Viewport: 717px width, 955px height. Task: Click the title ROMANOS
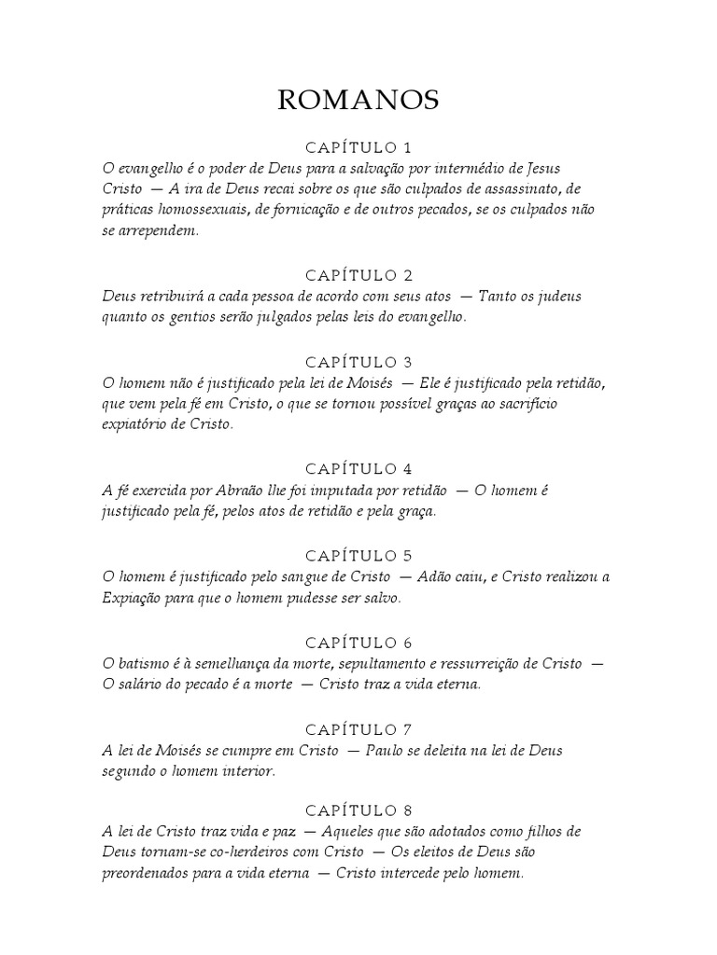pyautogui.click(x=358, y=102)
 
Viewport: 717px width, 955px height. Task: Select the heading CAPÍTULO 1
pyautogui.click(x=358, y=147)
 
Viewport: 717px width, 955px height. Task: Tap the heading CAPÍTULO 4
pyautogui.click(x=358, y=468)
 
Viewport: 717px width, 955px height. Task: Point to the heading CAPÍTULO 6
pyautogui.click(x=358, y=643)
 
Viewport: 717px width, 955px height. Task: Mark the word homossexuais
pyautogui.click(x=196, y=211)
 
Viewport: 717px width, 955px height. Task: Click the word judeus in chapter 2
pyautogui.click(x=555, y=296)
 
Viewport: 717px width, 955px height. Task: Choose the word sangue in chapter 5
pyautogui.click(x=290, y=576)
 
